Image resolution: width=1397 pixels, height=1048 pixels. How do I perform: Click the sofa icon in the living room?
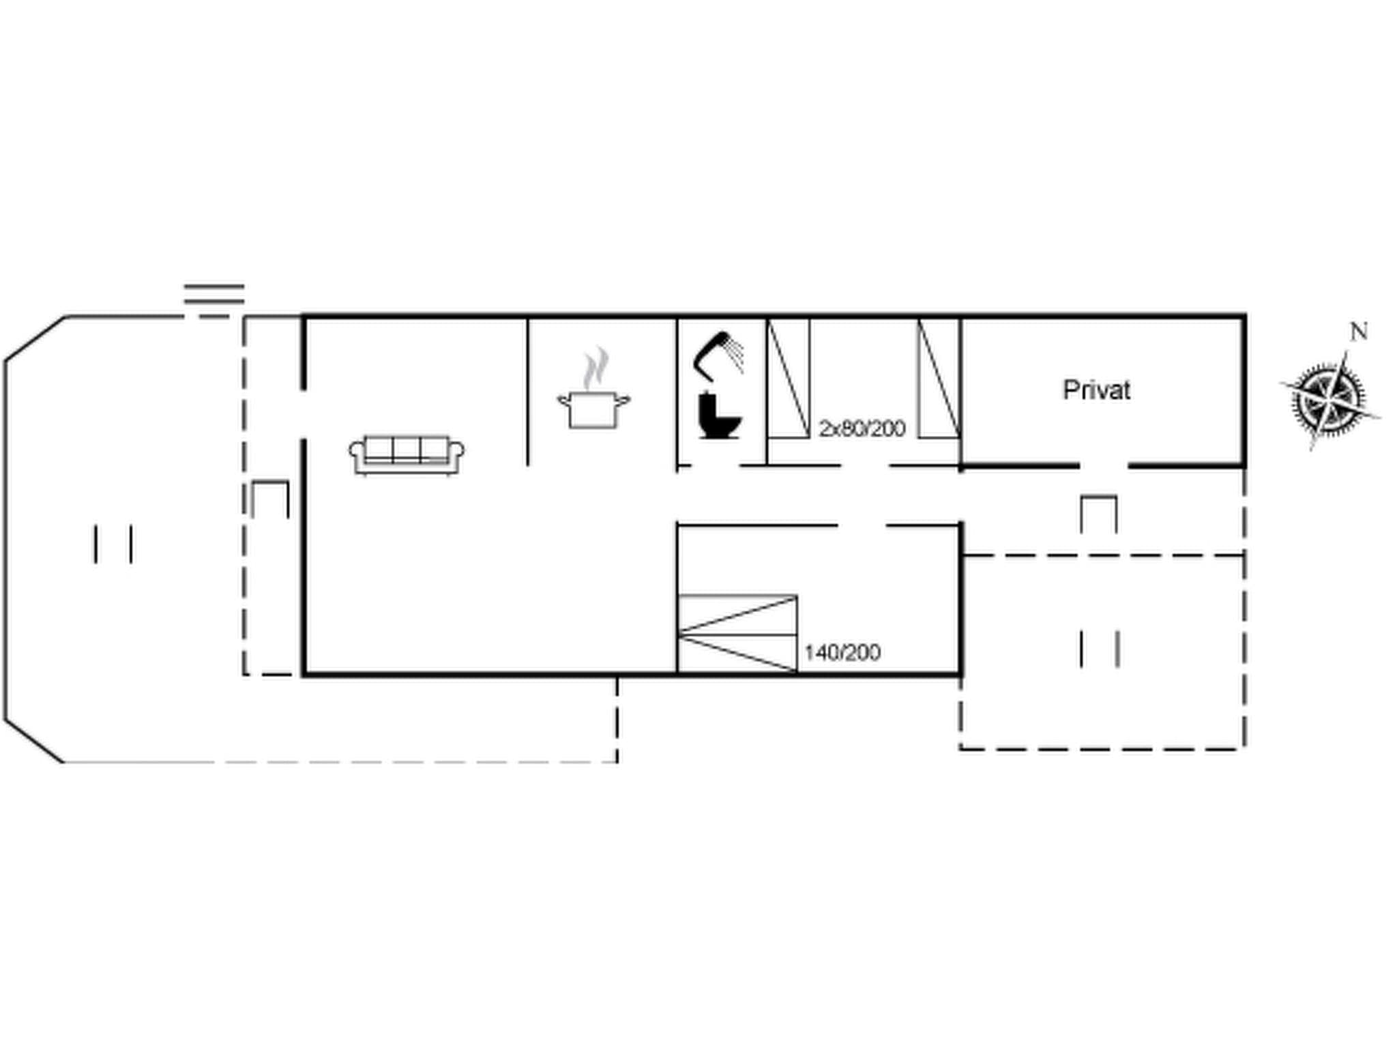click(x=407, y=454)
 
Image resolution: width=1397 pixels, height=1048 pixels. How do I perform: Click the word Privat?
click(x=1096, y=390)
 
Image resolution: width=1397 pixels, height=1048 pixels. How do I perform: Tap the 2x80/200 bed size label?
click(x=862, y=428)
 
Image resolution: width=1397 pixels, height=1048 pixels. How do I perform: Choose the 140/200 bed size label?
click(x=842, y=652)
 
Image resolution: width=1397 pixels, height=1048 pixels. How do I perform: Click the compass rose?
click(x=1329, y=399)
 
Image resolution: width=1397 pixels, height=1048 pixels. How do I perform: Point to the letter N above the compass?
click(x=1359, y=332)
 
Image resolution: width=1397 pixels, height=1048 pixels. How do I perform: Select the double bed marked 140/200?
click(x=737, y=634)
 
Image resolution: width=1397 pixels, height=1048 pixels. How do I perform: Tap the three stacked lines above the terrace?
click(x=214, y=294)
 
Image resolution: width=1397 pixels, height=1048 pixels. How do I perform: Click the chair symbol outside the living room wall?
click(x=270, y=499)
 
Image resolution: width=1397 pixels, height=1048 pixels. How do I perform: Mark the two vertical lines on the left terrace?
click(x=113, y=544)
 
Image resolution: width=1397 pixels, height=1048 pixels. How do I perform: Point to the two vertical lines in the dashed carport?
click(x=1099, y=649)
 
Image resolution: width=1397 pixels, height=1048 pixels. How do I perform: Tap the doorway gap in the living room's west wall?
click(x=304, y=415)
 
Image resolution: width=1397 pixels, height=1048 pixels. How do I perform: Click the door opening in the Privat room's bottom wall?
click(x=1103, y=466)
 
